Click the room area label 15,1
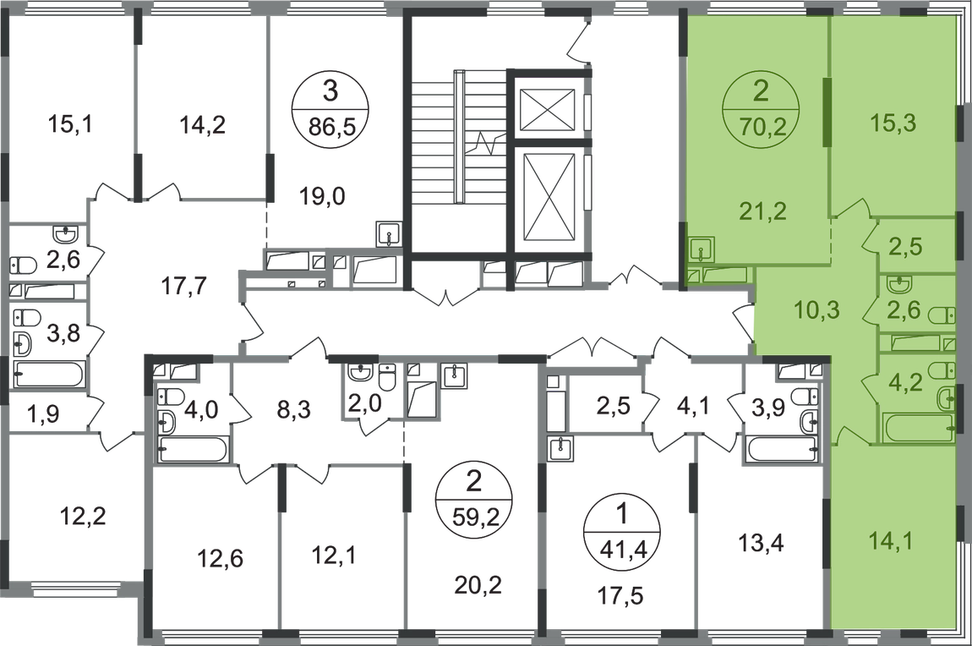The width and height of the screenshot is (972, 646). tap(69, 124)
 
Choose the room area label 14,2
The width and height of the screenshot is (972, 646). tap(202, 124)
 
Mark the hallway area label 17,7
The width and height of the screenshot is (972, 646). tap(183, 287)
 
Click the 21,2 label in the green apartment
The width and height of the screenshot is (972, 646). tap(762, 211)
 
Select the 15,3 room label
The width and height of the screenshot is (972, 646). tap(892, 123)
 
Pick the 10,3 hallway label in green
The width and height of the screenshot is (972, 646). tap(817, 308)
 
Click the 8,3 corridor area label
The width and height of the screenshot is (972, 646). tap(294, 409)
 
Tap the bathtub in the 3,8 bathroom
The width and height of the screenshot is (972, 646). tap(48, 375)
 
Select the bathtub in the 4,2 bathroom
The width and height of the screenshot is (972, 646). tap(918, 429)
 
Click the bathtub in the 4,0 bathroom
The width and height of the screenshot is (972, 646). tap(194, 449)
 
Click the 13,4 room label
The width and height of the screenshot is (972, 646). tap(762, 544)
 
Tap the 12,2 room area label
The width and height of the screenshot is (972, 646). tap(83, 515)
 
